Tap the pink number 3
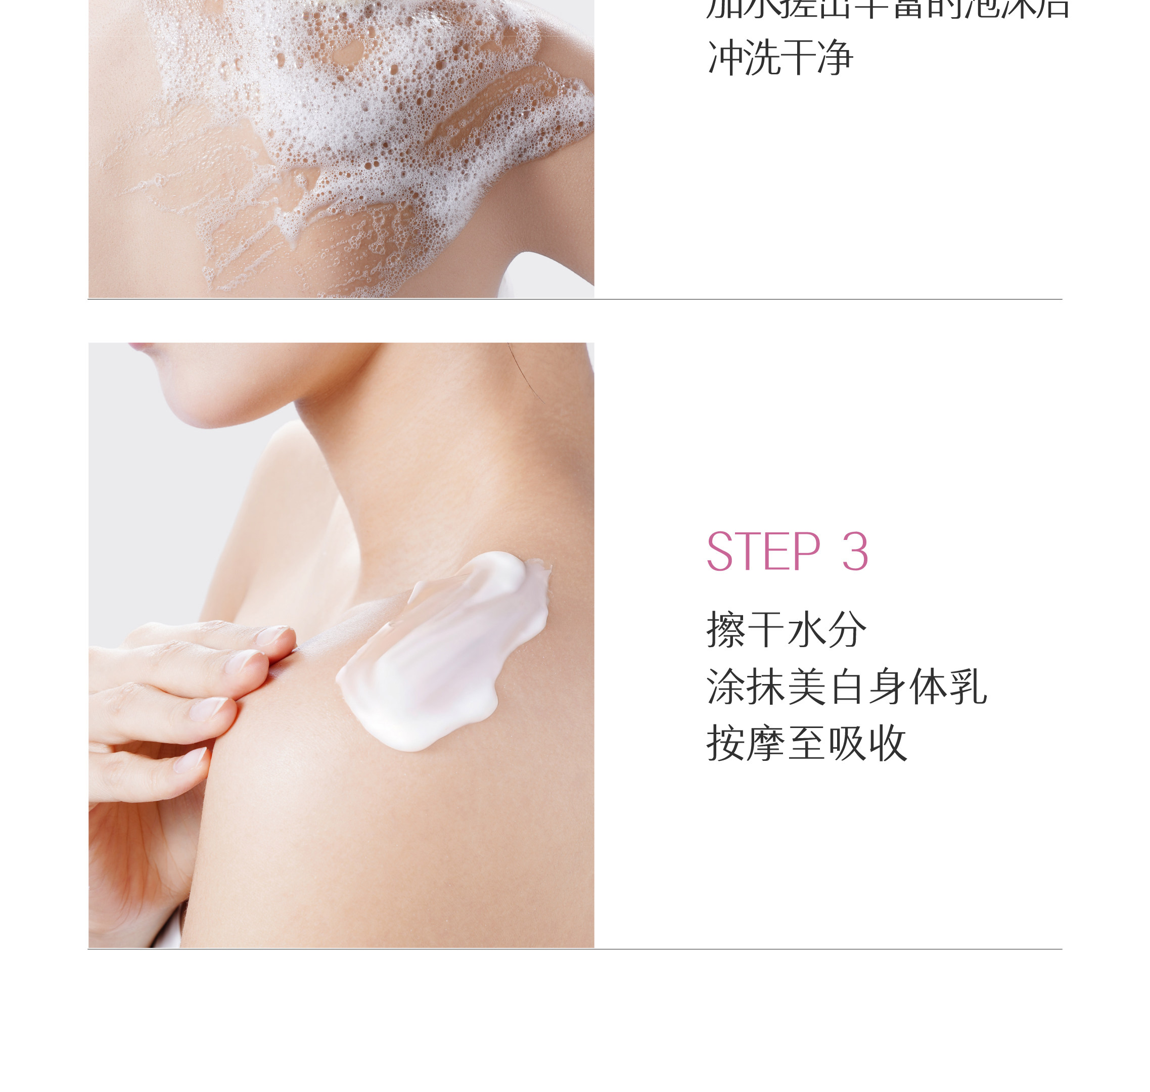[855, 552]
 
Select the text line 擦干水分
[786, 630]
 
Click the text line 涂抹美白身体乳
[847, 687]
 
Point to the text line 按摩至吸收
[807, 743]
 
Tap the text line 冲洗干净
[780, 58]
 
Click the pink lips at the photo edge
[140, 346]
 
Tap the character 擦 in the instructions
[726, 630]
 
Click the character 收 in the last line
[888, 743]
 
